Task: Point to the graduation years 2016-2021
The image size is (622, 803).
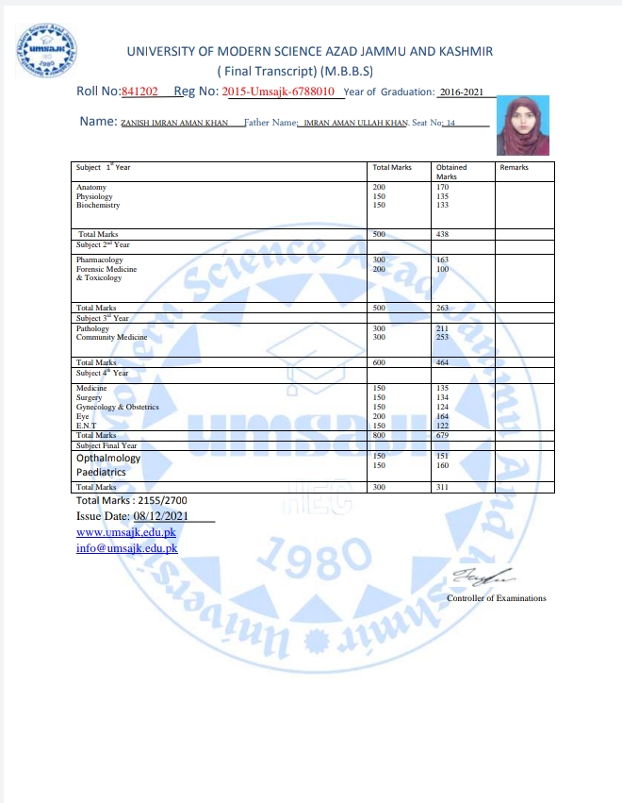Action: point(461,92)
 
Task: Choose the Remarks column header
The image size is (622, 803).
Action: point(514,168)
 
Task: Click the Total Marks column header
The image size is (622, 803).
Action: point(393,168)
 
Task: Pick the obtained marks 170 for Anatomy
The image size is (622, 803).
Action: point(442,188)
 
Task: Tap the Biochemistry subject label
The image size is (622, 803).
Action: point(99,205)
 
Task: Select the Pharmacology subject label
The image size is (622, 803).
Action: point(99,259)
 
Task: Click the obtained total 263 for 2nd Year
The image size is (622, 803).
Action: point(443,308)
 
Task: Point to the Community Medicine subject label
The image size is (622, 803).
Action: point(112,337)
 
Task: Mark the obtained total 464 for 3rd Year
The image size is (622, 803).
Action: point(443,362)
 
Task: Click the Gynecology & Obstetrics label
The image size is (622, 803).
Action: point(118,407)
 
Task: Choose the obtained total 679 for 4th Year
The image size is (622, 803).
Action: point(443,435)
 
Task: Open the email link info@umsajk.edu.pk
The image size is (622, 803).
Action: point(126,548)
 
